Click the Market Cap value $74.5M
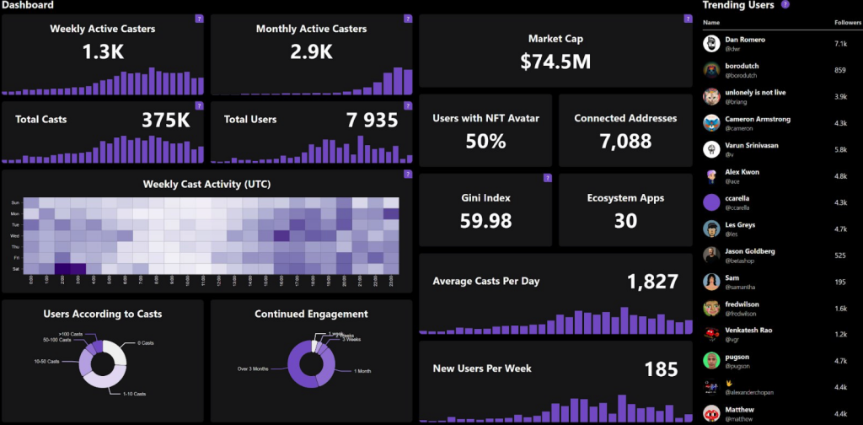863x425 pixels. (555, 62)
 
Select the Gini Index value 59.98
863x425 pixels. (485, 221)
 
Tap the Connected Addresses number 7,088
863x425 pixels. (625, 142)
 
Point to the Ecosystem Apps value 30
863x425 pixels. (625, 221)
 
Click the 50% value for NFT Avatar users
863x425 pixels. (485, 142)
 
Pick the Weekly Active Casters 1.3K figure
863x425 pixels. (103, 52)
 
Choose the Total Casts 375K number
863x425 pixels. (165, 121)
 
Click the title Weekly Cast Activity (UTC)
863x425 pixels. (206, 183)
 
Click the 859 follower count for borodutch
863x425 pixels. (839, 70)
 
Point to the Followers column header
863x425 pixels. (847, 22)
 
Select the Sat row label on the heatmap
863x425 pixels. (14, 269)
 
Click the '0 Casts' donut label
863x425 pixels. (146, 342)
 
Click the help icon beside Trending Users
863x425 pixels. (785, 4)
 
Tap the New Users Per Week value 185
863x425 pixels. (661, 369)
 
